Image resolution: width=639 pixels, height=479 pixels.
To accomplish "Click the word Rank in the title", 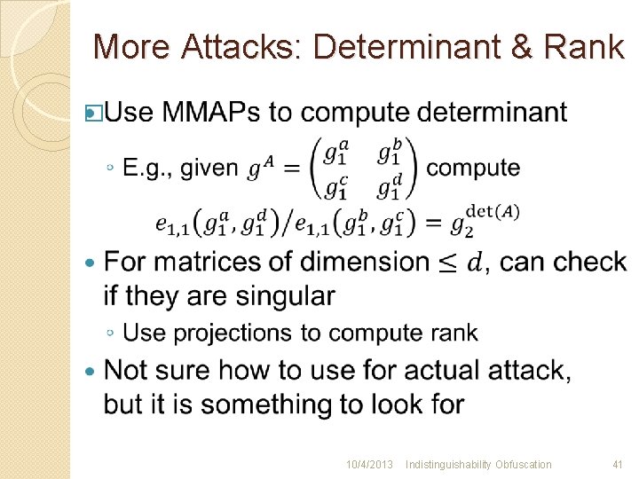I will (587, 46).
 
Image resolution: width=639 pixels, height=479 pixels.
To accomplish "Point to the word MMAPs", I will (211, 113).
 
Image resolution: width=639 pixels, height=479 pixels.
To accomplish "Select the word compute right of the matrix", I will (473, 168).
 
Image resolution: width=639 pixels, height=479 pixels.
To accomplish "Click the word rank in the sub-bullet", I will (453, 333).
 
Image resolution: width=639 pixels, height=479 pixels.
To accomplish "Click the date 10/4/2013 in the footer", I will (369, 464).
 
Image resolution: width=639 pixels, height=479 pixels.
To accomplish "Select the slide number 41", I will (618, 464).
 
